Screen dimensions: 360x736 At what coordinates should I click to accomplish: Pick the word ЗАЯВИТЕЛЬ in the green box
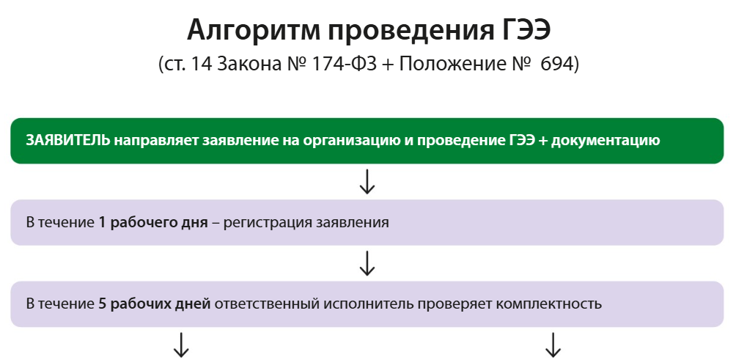[68, 140]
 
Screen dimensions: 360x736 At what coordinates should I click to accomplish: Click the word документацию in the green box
[606, 140]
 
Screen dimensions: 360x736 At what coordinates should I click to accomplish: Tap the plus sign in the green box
[543, 140]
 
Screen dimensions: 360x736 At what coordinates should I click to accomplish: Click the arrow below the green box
[367, 181]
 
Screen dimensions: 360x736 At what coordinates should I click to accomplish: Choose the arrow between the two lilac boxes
[367, 262]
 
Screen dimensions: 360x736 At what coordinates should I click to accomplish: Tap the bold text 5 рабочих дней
[155, 303]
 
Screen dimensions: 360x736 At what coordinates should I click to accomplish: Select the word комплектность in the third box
[547, 303]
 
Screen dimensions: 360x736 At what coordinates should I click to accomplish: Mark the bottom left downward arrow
[180, 345]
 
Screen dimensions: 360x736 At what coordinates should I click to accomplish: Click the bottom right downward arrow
[553, 345]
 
